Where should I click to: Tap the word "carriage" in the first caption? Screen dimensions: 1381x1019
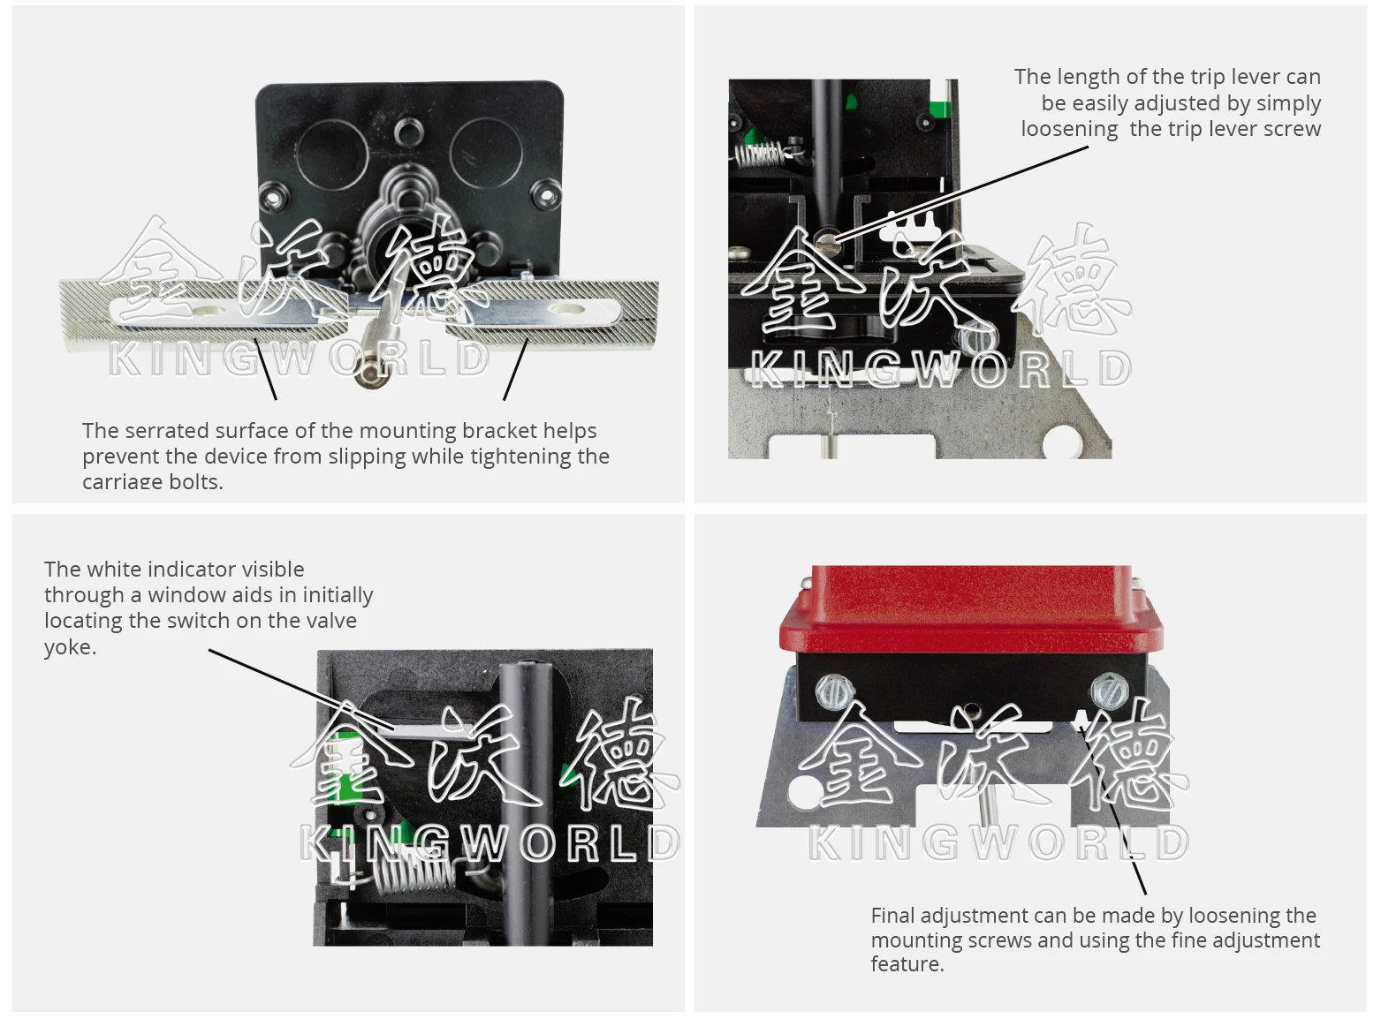119,482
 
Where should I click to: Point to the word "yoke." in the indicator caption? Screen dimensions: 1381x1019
71,647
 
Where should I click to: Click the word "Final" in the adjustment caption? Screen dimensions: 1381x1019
893,916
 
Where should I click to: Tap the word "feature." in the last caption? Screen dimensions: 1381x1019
907,964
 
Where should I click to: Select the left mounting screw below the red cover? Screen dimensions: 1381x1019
833,691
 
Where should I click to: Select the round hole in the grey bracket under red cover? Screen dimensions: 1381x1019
804,790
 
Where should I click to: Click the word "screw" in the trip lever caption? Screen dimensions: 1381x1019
1293,130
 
